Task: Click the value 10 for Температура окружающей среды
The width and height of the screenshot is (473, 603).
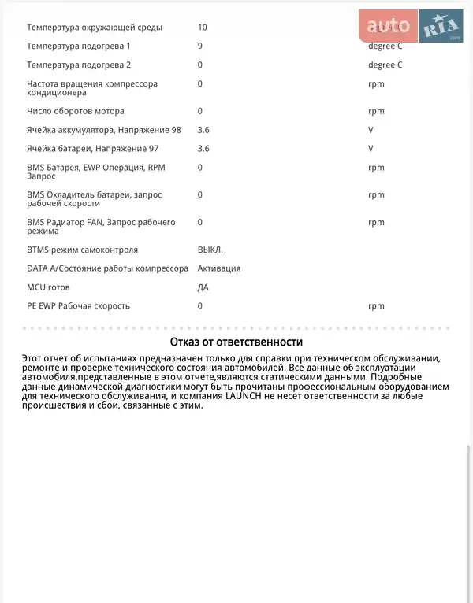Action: click(x=203, y=28)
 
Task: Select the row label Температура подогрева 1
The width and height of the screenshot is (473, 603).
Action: click(x=79, y=46)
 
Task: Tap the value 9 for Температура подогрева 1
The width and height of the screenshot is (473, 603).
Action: click(x=200, y=46)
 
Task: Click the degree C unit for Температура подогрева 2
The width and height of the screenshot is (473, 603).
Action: click(x=385, y=65)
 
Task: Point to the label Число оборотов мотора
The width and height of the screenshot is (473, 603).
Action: click(x=76, y=112)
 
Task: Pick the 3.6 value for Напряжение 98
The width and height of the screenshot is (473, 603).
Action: click(x=203, y=130)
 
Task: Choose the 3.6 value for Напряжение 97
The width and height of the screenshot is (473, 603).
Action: click(x=203, y=149)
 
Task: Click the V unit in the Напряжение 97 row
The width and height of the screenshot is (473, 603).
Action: click(x=371, y=149)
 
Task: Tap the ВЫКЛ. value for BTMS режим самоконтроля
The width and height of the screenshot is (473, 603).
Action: click(x=210, y=250)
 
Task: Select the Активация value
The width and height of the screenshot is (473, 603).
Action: click(x=219, y=268)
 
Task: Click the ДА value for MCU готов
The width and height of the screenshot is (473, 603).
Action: click(x=203, y=287)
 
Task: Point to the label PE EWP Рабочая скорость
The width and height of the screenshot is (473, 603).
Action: click(x=78, y=306)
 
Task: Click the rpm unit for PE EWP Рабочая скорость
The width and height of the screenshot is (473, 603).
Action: click(x=376, y=306)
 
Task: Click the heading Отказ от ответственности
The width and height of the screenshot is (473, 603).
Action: click(x=236, y=342)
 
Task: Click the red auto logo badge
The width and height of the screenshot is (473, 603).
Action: click(x=389, y=27)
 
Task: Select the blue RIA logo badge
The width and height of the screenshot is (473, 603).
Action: click(x=441, y=27)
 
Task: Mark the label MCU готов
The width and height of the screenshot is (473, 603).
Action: click(x=48, y=287)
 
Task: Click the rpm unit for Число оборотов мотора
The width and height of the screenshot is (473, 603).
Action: click(x=376, y=112)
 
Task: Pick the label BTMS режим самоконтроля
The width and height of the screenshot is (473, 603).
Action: click(x=82, y=250)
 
